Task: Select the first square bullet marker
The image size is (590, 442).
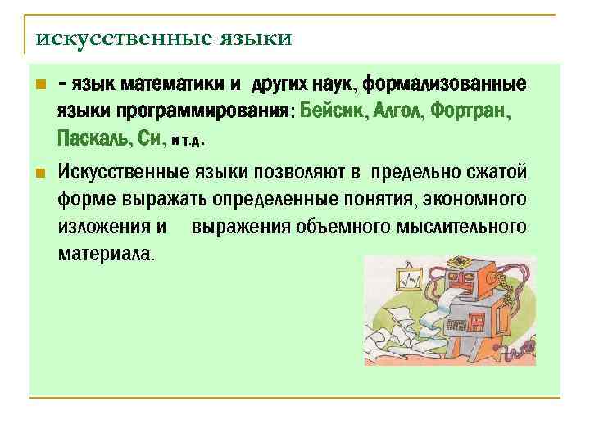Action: [42, 84]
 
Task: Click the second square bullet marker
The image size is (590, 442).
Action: [42, 174]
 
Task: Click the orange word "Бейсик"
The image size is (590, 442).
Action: [334, 110]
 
